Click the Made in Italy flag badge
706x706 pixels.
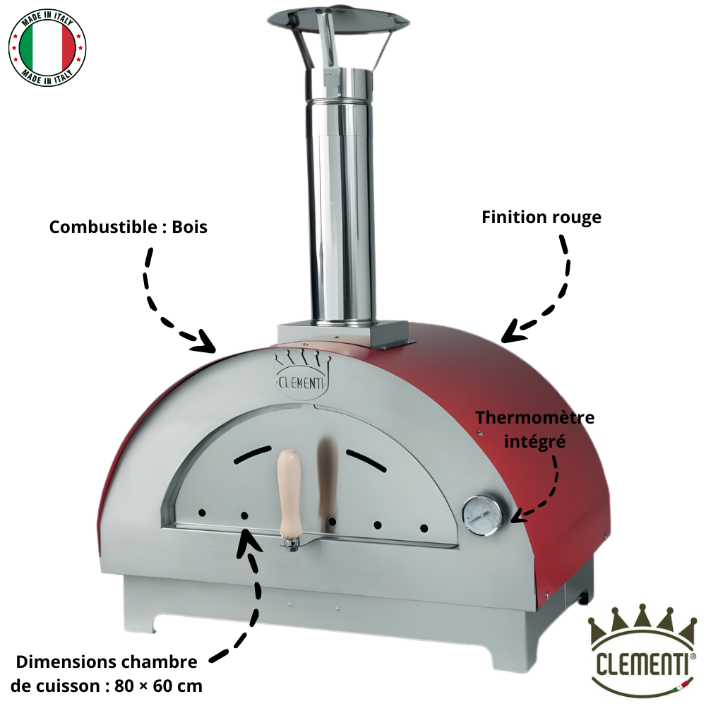pos(47,48)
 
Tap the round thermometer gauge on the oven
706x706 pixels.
pos(483,515)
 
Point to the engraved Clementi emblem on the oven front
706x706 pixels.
pos(301,376)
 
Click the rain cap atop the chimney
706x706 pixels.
pos(339,22)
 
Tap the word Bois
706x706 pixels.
pos(189,227)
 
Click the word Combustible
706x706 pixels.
pos(103,227)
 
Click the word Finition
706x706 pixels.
pos(514,217)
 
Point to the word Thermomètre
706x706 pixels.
pos(535,418)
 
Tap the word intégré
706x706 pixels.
pos(535,442)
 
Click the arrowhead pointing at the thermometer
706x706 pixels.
pos(517,516)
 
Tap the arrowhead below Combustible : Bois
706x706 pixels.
pos(205,342)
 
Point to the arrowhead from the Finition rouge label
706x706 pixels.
pos(513,333)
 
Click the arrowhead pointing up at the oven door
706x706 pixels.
pos(248,539)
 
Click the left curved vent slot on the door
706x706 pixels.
pos(252,454)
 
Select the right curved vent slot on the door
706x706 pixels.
pos(366,460)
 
